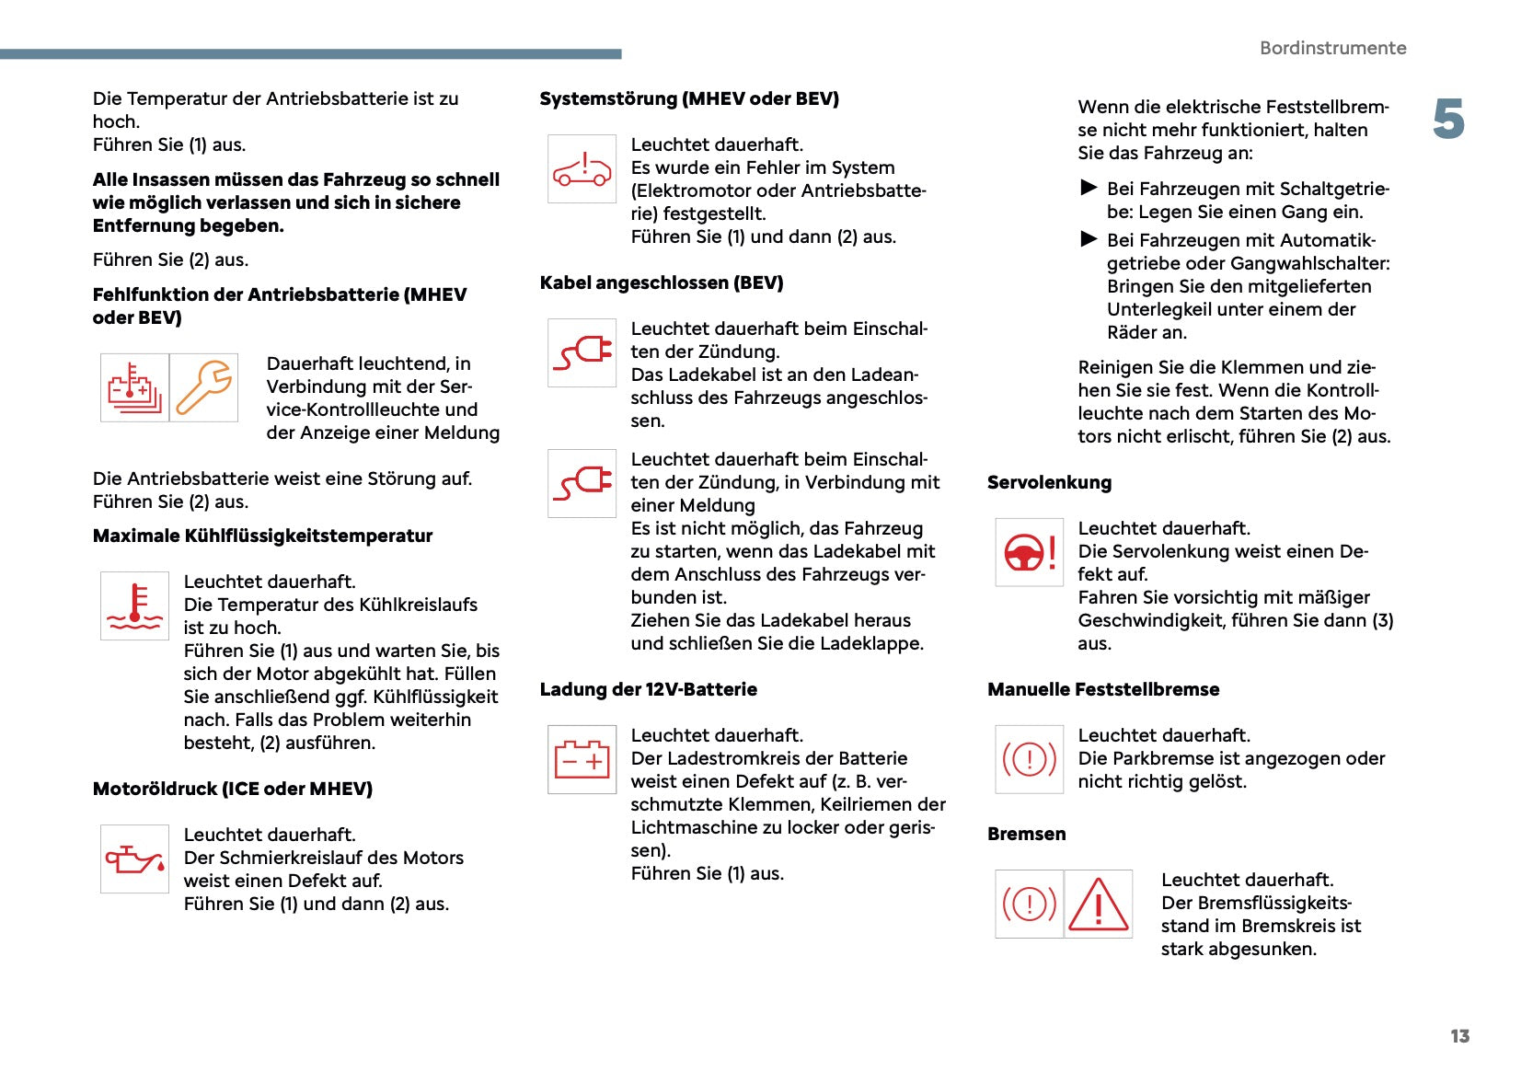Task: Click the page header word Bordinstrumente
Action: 1332,48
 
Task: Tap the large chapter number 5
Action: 1448,120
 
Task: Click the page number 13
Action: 1459,1036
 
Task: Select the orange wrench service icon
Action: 204,387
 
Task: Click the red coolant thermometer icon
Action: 134,605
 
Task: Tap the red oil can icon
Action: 134,859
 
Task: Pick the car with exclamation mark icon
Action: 582,169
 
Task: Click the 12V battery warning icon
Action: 582,760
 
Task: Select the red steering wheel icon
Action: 1029,552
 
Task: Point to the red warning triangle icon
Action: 1098,904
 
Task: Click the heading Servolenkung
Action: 1049,482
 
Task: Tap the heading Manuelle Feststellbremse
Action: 1103,689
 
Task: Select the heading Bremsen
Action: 1026,834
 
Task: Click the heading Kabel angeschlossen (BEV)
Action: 662,282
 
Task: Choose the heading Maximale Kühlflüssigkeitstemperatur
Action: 262,536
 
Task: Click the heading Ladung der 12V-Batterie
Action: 648,689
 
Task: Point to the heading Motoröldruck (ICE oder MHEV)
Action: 232,789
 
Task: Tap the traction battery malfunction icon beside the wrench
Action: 134,387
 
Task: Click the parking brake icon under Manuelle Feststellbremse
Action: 1029,759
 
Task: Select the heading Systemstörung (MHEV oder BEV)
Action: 689,98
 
